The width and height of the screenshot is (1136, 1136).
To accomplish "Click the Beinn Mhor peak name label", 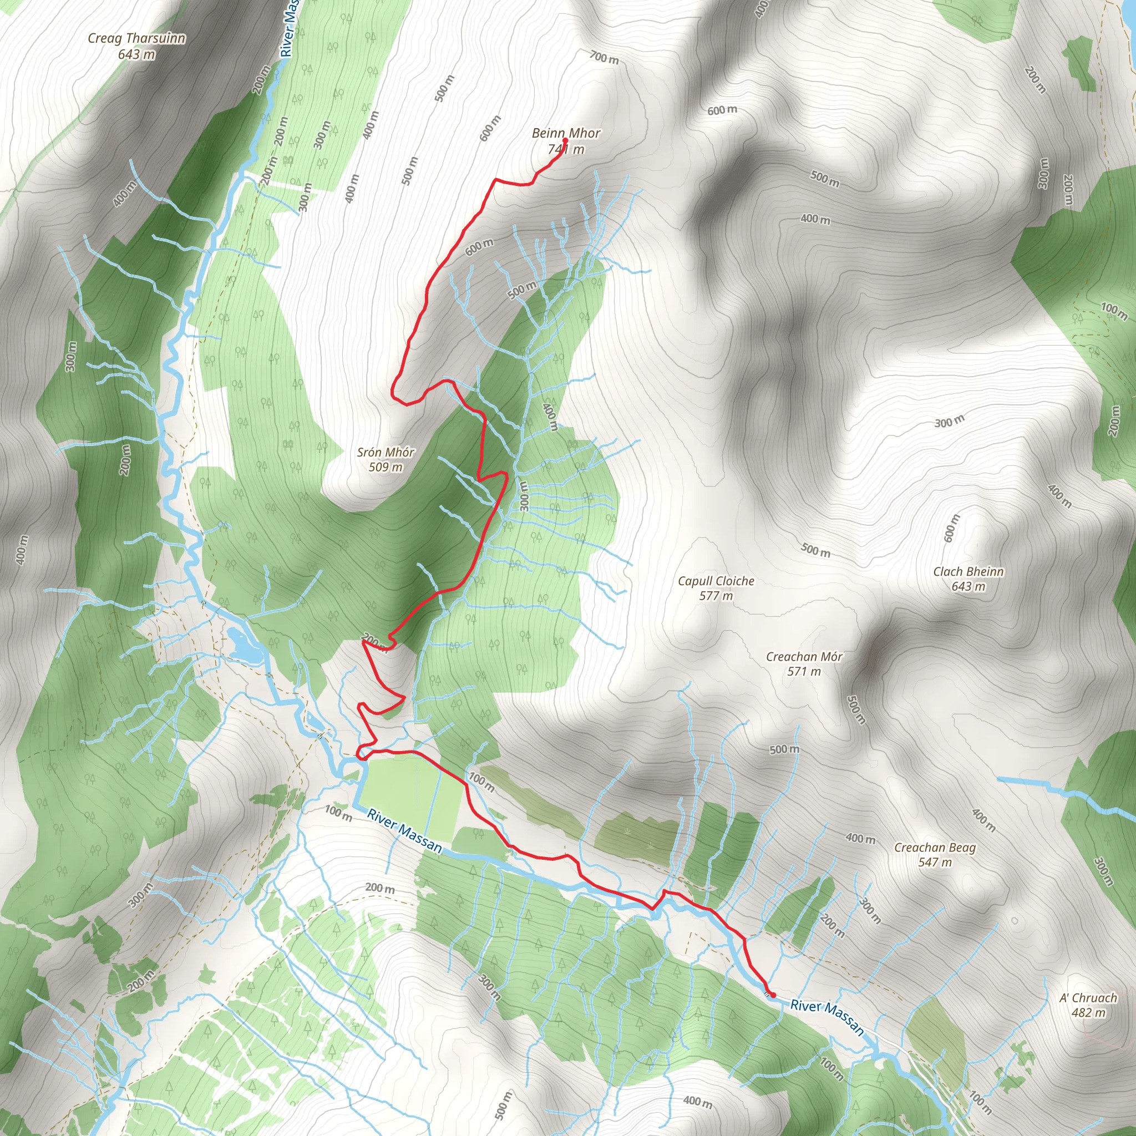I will click(x=566, y=134).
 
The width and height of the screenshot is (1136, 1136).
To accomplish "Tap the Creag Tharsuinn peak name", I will click(x=136, y=39).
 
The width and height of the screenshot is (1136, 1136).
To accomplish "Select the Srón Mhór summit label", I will click(x=386, y=452).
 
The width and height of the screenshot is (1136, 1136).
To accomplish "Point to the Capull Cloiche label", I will click(x=716, y=581).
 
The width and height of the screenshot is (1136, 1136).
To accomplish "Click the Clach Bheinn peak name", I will click(x=968, y=571).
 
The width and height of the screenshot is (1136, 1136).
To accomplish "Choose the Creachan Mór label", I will click(x=804, y=657).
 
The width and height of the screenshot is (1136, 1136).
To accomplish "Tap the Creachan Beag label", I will click(x=935, y=848).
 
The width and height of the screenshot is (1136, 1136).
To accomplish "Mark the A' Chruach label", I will click(x=1088, y=998).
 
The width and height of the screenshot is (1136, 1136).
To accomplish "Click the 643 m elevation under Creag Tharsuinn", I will click(x=136, y=55).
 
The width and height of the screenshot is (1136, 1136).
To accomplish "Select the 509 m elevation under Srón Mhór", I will click(x=386, y=468).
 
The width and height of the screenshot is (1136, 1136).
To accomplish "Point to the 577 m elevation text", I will click(x=716, y=596).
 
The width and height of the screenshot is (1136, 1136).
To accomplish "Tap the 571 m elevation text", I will click(x=804, y=672).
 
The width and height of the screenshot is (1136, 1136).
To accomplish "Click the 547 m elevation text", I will click(x=935, y=862).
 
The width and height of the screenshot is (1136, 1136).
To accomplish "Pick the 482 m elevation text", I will click(x=1088, y=1012).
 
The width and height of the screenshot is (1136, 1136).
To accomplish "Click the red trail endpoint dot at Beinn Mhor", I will click(x=565, y=140).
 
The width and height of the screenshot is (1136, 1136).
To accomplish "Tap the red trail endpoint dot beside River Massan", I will click(x=773, y=995).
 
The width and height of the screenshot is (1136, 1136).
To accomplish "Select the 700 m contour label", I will click(x=605, y=58).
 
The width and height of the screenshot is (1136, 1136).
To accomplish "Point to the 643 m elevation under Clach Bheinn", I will click(x=968, y=586).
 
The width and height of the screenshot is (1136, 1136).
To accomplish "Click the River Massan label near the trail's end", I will click(x=826, y=1017).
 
